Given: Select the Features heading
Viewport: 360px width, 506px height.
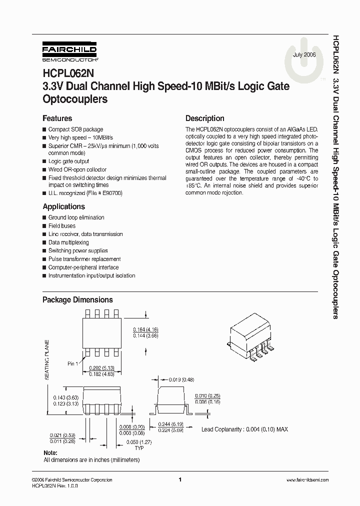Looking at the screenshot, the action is [x=57, y=118].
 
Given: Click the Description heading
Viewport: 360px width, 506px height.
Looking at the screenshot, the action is [x=204, y=118].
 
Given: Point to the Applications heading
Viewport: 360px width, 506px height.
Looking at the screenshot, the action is [x=63, y=206].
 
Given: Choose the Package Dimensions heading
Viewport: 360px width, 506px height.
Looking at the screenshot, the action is [x=77, y=300].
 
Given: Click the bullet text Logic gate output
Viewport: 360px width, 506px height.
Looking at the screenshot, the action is [x=68, y=161].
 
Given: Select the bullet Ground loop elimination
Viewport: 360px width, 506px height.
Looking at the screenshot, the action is [x=76, y=217].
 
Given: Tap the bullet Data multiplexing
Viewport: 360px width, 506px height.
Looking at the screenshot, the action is [x=68, y=242].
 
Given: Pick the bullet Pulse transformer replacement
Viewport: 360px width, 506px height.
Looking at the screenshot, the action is [x=84, y=259].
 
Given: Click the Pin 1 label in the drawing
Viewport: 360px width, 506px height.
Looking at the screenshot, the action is [x=72, y=363].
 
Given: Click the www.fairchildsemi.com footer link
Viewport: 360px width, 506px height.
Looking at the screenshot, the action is [x=307, y=480].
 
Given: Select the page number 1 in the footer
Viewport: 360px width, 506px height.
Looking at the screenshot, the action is [x=179, y=479].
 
